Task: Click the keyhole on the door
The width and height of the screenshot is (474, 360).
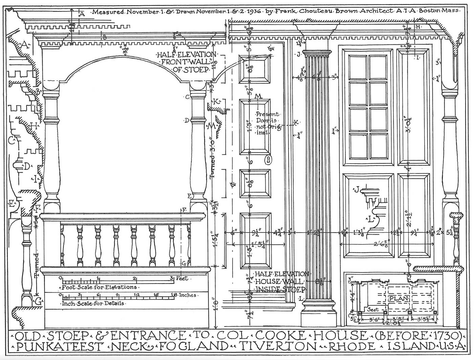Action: (x=268, y=159)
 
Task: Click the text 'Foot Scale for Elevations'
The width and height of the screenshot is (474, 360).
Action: (x=100, y=287)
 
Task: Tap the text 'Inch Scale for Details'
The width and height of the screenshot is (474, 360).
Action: (x=93, y=303)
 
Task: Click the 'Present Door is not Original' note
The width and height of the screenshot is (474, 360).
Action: (x=267, y=123)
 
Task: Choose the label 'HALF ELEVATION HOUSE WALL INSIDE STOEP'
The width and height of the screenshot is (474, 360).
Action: (x=280, y=281)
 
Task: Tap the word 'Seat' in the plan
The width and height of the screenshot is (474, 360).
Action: (x=373, y=310)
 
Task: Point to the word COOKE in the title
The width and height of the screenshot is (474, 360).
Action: (x=281, y=336)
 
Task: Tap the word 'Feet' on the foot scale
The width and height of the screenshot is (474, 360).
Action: (x=182, y=278)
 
